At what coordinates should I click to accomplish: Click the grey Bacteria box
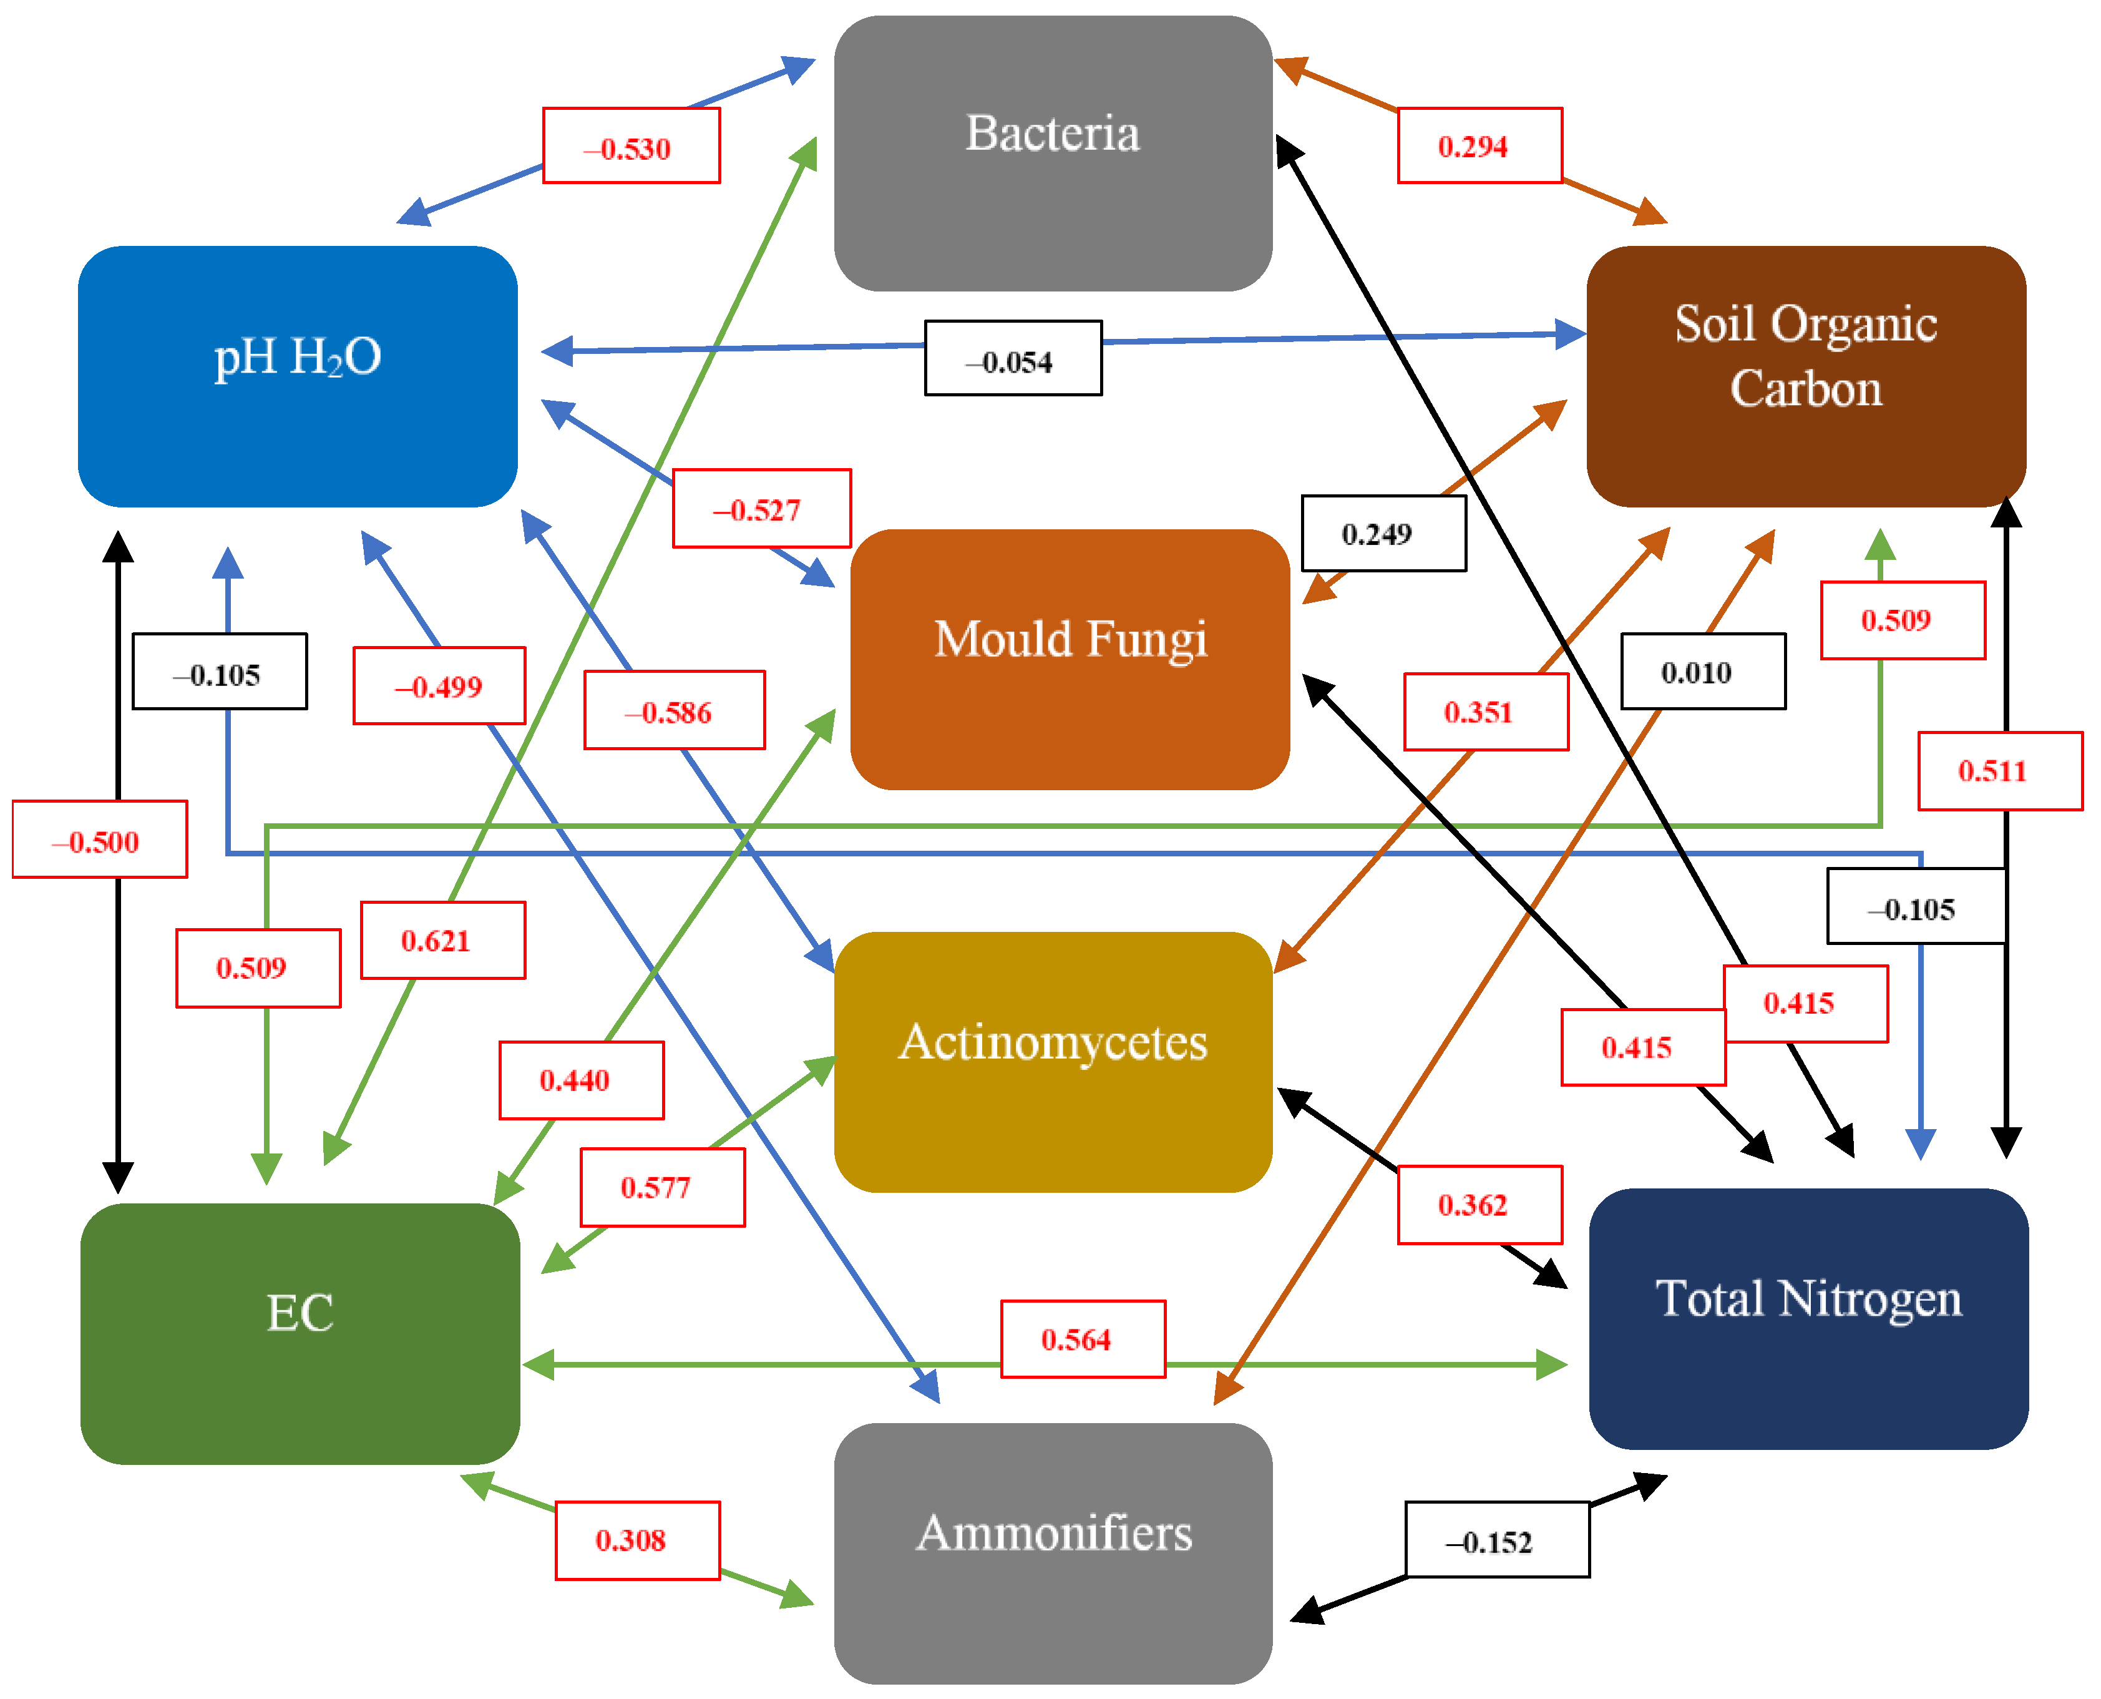[x=1053, y=153]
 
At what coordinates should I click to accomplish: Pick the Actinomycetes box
[x=1053, y=1061]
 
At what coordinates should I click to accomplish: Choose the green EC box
[x=300, y=1333]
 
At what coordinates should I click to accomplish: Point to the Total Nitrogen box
[x=1808, y=1318]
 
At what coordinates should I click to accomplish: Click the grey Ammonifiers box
[x=1053, y=1552]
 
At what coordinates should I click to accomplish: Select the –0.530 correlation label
[x=631, y=146]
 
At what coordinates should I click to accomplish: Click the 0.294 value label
[x=1479, y=146]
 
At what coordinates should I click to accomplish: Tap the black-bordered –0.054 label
[x=1013, y=358]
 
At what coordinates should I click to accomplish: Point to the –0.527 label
[x=761, y=508]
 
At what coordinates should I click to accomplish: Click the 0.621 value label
[x=442, y=939]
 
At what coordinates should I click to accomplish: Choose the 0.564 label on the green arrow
[x=1082, y=1339]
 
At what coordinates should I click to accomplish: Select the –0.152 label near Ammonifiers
[x=1496, y=1539]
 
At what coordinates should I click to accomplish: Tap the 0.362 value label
[x=1479, y=1204]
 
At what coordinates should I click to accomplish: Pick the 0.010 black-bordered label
[x=1703, y=672]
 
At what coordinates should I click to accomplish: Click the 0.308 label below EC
[x=637, y=1539]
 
